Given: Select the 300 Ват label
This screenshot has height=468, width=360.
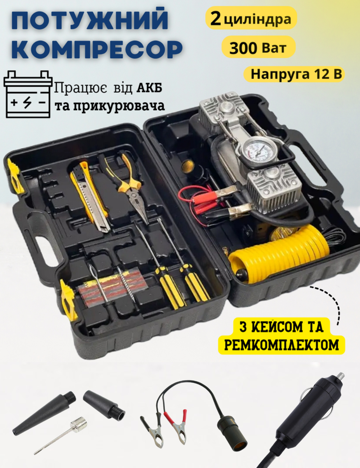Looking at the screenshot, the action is pos(258,48).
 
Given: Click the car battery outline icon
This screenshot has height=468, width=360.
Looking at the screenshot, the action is pos(28,94).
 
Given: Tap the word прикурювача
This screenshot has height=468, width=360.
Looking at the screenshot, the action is pos(119,106).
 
